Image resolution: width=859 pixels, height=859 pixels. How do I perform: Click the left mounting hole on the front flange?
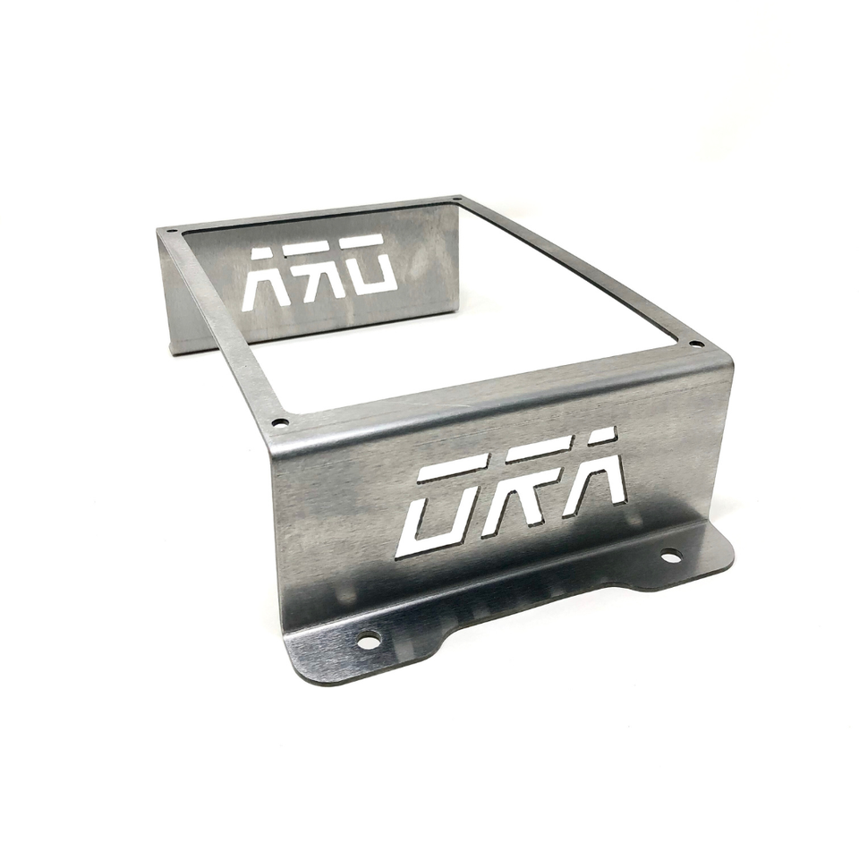368,640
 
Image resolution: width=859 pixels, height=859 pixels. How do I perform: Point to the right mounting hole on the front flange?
670,556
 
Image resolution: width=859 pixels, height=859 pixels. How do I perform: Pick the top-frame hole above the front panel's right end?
696,343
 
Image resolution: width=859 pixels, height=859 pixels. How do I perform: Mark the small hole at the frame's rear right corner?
457,199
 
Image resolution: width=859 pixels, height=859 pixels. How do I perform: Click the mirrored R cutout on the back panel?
318,273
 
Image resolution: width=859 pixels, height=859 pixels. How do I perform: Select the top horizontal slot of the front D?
452,467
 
